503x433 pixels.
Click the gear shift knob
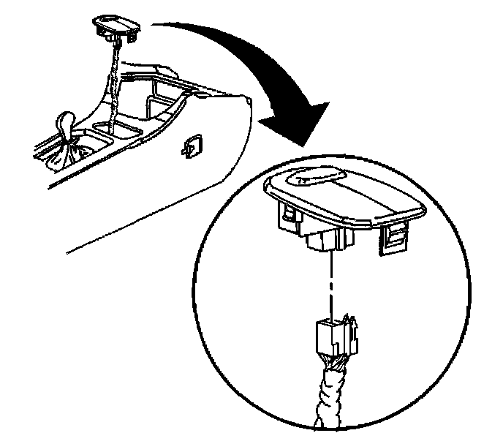point(64,120)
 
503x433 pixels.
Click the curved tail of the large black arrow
point(190,29)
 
